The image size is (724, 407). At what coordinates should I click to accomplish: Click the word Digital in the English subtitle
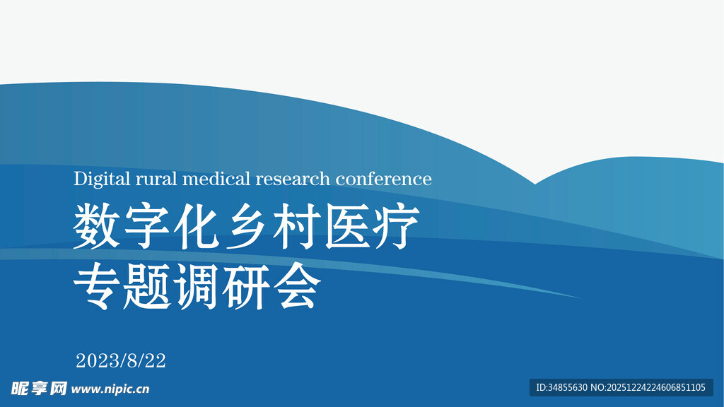pyautogui.click(x=102, y=179)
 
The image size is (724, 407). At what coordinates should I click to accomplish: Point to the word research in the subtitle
pyautogui.click(x=293, y=179)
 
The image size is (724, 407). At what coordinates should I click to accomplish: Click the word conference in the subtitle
pyautogui.click(x=383, y=179)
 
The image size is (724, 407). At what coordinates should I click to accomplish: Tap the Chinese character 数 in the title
pyautogui.click(x=96, y=227)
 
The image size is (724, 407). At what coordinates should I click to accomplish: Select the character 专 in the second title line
pyautogui.click(x=96, y=286)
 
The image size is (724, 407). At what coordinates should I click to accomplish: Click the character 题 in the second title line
pyautogui.click(x=146, y=286)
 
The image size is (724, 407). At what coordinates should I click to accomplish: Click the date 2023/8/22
pyautogui.click(x=121, y=361)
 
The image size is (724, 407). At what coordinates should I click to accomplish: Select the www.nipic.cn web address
pyautogui.click(x=111, y=389)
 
